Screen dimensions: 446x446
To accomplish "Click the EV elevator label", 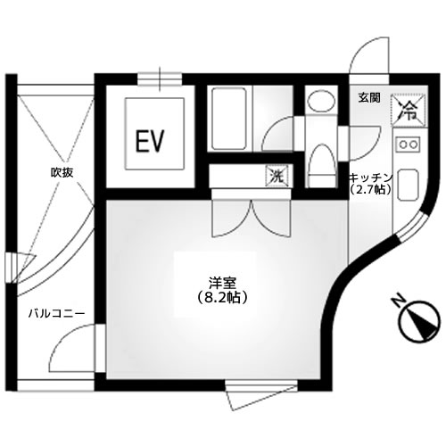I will click(x=148, y=140).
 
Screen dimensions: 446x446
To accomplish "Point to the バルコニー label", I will click(x=54, y=313).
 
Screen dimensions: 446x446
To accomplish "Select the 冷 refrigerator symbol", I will click(x=408, y=111).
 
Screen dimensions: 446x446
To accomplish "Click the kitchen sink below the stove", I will click(x=411, y=185).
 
